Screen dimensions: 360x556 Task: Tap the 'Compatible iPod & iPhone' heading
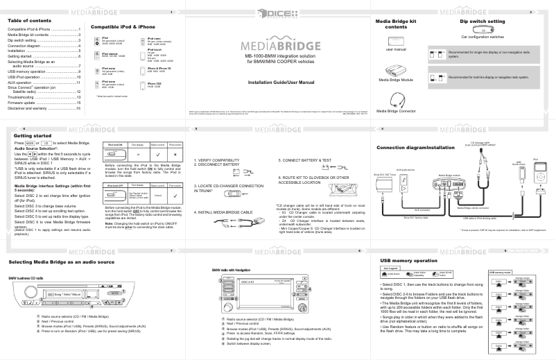[x=123, y=26]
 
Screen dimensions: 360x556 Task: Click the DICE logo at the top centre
[x=277, y=14]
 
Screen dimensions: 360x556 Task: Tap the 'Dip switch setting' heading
[x=483, y=22]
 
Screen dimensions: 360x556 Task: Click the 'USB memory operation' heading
[x=408, y=260]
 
